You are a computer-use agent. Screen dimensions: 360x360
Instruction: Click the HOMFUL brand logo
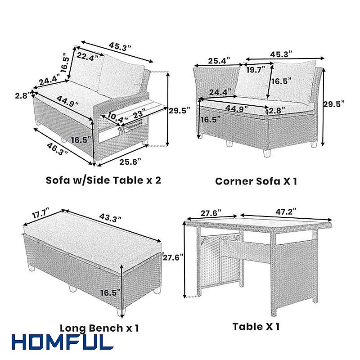point(63,342)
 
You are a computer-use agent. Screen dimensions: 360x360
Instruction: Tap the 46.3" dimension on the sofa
point(58,149)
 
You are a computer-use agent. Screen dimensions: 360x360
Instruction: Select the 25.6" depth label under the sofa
point(130,162)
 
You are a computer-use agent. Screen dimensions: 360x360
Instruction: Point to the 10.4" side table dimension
point(118,117)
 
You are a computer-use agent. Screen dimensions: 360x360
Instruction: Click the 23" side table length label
point(139,114)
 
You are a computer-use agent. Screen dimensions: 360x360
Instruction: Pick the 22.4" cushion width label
point(87,57)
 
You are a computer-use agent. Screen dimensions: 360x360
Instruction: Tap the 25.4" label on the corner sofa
point(219,61)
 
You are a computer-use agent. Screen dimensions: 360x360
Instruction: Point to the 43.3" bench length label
point(110,218)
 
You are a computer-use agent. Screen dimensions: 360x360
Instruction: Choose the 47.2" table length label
point(286,211)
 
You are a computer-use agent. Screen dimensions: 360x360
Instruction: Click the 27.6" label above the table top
point(211,213)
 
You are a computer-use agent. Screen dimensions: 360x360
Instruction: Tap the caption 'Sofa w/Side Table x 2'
point(103,180)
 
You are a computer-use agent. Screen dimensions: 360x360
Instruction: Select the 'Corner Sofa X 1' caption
point(256,181)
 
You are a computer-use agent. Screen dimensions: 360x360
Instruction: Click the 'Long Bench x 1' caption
point(99,328)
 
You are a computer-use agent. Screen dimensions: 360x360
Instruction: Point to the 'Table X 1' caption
point(256,326)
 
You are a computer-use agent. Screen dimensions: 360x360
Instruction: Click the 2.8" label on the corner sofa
point(277,110)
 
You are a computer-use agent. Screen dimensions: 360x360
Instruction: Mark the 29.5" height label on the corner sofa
point(334,104)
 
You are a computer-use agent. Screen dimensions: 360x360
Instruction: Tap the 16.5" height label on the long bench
point(110,293)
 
